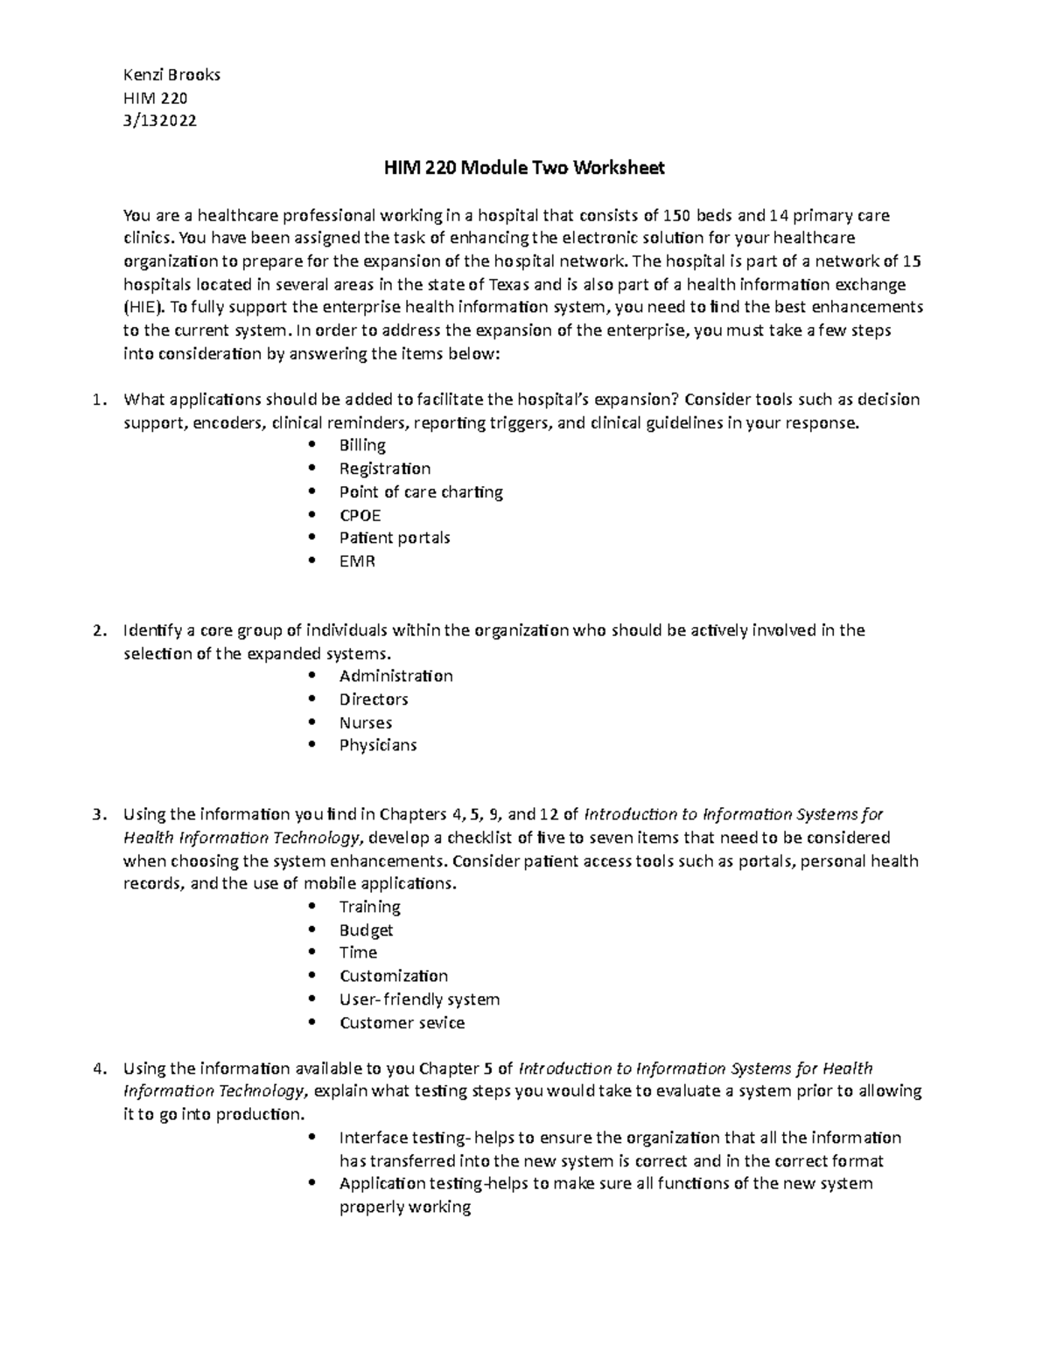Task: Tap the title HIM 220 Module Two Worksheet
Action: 525,168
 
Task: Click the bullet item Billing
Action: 362,445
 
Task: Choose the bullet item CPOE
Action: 360,515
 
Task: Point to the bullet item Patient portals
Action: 395,538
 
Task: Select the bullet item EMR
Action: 357,561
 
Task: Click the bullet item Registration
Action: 385,469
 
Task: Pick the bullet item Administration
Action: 395,676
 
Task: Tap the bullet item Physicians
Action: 378,745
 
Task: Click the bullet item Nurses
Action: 366,722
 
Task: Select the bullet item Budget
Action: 366,930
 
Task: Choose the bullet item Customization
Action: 394,976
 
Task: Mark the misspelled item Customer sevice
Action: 402,1022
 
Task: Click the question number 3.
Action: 99,815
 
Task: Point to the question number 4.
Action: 99,1069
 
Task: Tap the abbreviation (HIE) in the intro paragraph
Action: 143,307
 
